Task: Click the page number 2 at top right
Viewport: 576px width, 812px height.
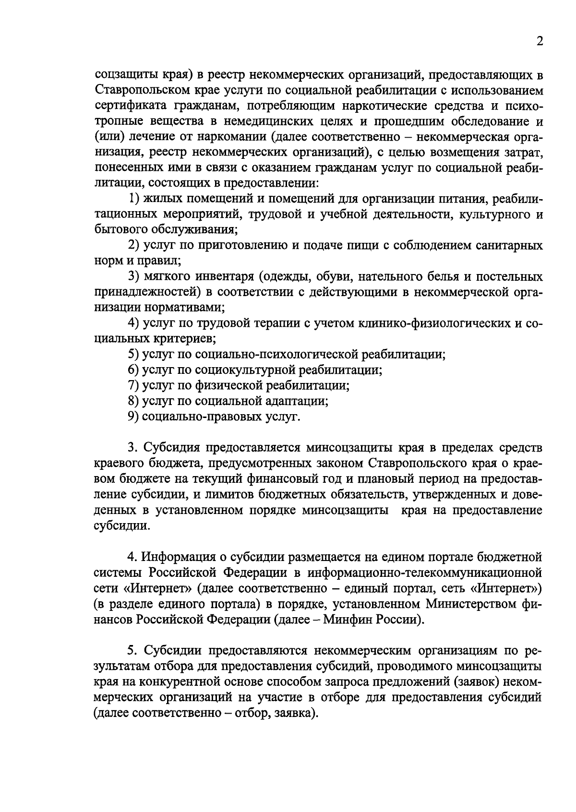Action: tap(540, 42)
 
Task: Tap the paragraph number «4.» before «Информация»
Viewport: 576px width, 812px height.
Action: tap(133, 557)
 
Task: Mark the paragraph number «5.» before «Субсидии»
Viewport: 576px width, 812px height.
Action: tap(133, 651)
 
